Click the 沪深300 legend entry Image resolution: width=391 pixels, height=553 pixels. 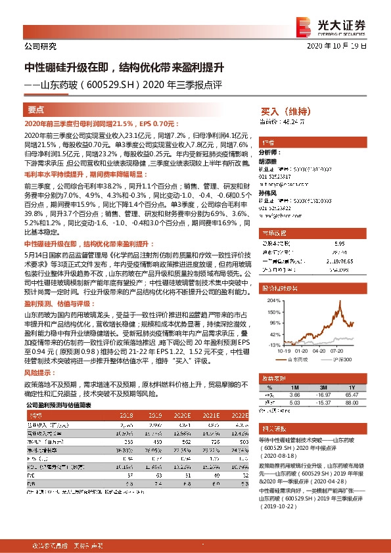click(343, 360)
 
